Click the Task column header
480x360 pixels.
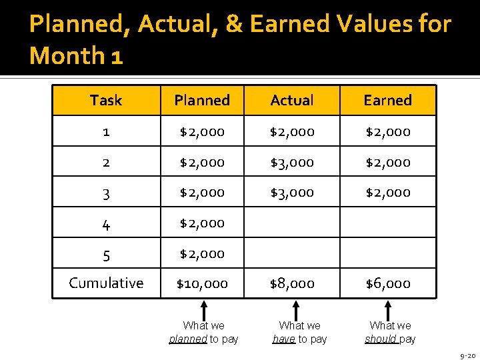coord(106,101)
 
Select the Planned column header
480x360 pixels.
coord(202,101)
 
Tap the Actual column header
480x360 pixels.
coord(292,101)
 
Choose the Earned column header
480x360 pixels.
coord(388,101)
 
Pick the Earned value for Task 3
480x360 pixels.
coord(388,192)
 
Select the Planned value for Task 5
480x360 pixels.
coord(202,253)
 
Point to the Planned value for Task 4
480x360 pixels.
coord(202,223)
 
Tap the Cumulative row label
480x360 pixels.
coord(106,283)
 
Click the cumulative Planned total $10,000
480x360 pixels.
coord(202,283)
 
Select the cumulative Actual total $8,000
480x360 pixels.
coord(292,283)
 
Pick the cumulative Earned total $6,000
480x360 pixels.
coord(388,283)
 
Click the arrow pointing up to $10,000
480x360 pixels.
coord(204,309)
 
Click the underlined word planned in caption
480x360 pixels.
coord(188,339)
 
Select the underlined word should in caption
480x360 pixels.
coord(381,339)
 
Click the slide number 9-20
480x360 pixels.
coord(467,356)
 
